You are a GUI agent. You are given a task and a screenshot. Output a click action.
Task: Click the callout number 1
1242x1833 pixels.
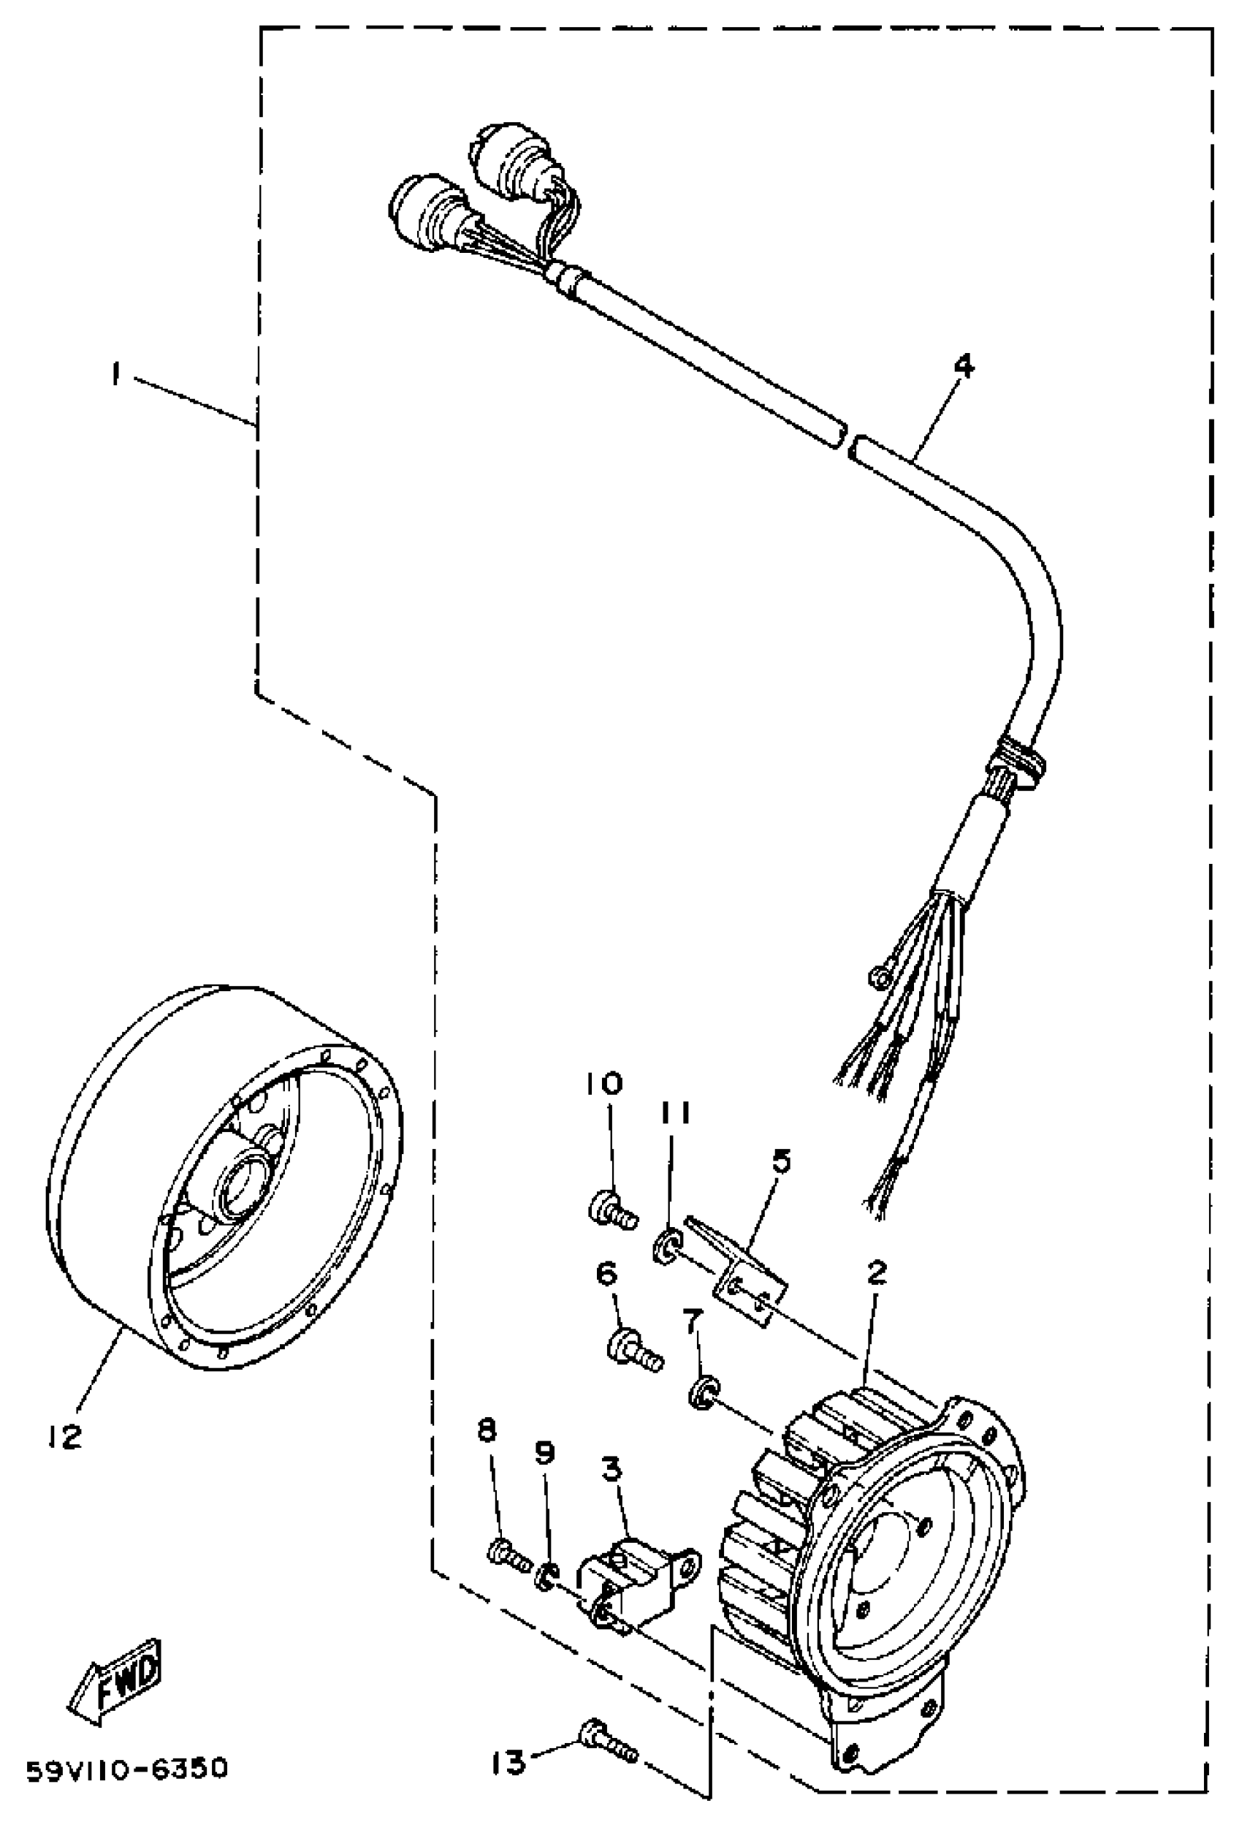(116, 374)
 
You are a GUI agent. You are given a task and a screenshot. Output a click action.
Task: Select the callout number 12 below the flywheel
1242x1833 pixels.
(64, 1436)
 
